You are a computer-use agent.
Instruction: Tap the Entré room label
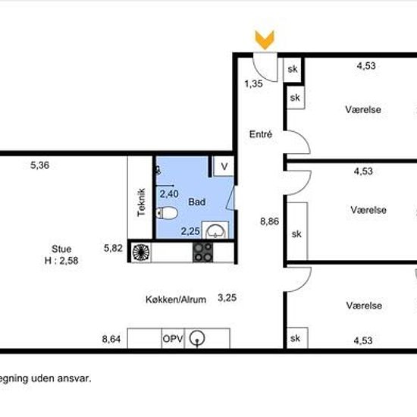tap(261, 134)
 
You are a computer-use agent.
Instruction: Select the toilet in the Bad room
tap(167, 213)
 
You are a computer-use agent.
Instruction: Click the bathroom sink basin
tap(215, 230)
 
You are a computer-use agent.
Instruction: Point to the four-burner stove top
tap(202, 252)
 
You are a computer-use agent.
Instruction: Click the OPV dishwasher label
tap(173, 339)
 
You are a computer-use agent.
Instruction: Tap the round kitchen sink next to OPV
tap(197, 339)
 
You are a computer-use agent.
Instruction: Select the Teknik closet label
tap(141, 202)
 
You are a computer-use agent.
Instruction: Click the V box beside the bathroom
tap(224, 166)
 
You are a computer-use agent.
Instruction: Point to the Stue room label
tap(61, 249)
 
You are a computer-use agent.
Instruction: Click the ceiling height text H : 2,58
tap(61, 260)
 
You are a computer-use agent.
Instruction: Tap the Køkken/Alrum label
tap(176, 299)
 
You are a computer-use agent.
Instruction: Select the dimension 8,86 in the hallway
tap(269, 221)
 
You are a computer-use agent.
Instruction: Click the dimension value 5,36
tap(39, 165)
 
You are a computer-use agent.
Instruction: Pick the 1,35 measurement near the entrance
tap(253, 83)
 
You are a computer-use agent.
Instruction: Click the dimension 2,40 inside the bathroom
tap(169, 193)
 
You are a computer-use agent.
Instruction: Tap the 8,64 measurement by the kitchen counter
tap(111, 339)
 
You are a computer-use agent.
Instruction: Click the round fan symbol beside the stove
tap(141, 252)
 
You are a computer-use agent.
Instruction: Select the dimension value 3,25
tap(227, 298)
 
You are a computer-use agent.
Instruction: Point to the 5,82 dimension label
tap(113, 248)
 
